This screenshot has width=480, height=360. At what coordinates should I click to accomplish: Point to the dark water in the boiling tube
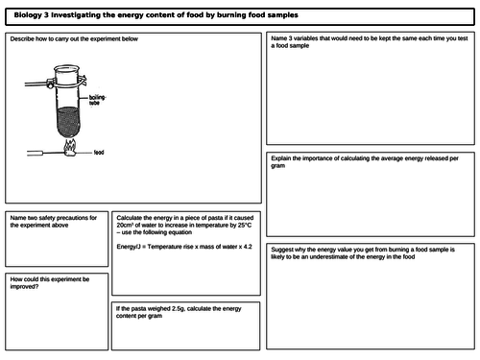click(x=70, y=120)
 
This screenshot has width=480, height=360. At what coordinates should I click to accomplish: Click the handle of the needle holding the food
click(x=34, y=152)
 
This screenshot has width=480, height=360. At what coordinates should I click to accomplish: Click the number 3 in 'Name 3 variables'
click(x=291, y=39)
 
